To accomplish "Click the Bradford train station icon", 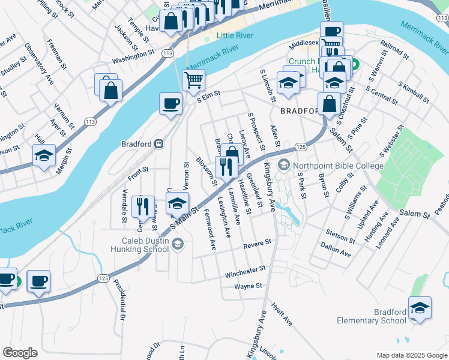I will tap(160, 143).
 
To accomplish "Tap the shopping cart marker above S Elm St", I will tap(193, 79).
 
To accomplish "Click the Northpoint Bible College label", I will tap(337, 165).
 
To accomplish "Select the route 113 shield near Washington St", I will tap(167, 54).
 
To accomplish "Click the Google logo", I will tap(20, 353).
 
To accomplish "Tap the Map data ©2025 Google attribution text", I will tap(411, 355).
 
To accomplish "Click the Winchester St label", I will tap(245, 273).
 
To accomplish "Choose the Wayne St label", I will tap(249, 287).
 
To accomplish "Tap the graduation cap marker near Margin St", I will tap(44, 155).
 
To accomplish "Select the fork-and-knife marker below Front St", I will tap(142, 207).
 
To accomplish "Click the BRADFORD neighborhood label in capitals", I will tap(298, 111).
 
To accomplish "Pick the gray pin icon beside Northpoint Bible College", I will tap(283, 164).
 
